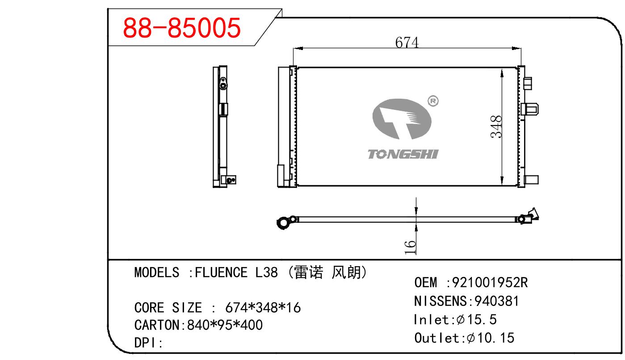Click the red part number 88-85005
coord(182,28)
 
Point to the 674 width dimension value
coord(407,43)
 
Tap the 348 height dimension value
coord(496,126)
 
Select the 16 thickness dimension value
coord(410,247)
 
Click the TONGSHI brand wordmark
coord(403,154)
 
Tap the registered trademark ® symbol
coord(433,101)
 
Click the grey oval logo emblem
coord(402,119)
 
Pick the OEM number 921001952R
coord(490,282)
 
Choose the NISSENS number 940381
coord(497,301)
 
